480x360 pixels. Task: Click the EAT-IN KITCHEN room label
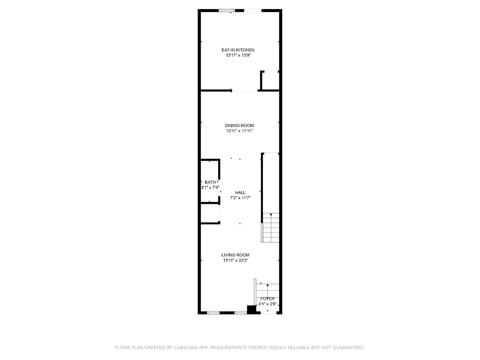238,50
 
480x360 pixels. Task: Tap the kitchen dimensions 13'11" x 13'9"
238,55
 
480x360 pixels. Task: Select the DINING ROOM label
239,125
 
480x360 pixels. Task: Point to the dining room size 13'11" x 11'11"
239,131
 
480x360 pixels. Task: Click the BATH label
210,182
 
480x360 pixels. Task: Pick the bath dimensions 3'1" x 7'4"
210,187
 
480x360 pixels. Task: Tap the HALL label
240,193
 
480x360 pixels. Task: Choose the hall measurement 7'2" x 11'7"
240,198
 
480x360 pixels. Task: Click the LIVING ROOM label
235,255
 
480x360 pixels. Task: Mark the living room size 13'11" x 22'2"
235,260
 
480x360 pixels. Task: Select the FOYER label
267,299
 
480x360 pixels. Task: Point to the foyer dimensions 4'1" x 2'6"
267,304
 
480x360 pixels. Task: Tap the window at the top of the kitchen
226,11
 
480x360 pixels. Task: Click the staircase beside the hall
271,227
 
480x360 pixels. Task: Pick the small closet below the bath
210,213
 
